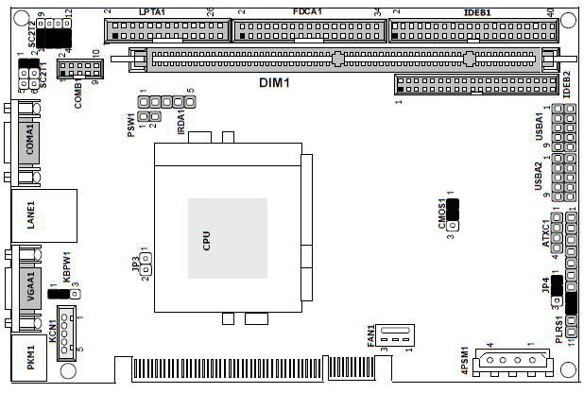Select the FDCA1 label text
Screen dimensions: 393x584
(x=307, y=10)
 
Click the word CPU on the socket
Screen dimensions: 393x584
(x=206, y=241)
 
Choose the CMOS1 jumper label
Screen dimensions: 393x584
(x=441, y=215)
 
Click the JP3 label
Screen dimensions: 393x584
(x=135, y=263)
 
